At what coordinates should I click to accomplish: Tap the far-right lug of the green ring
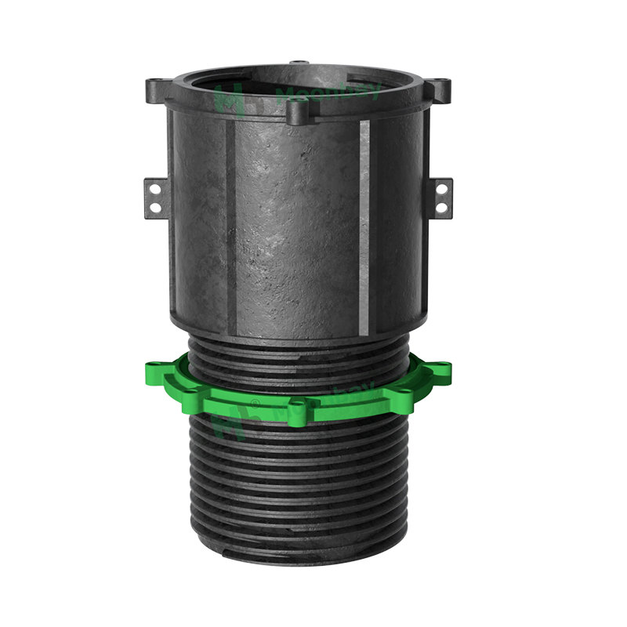pyautogui.click(x=440, y=367)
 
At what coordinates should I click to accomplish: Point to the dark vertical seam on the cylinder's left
pyautogui.click(x=228, y=219)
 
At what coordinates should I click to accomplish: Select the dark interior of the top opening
pyautogui.click(x=298, y=82)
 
